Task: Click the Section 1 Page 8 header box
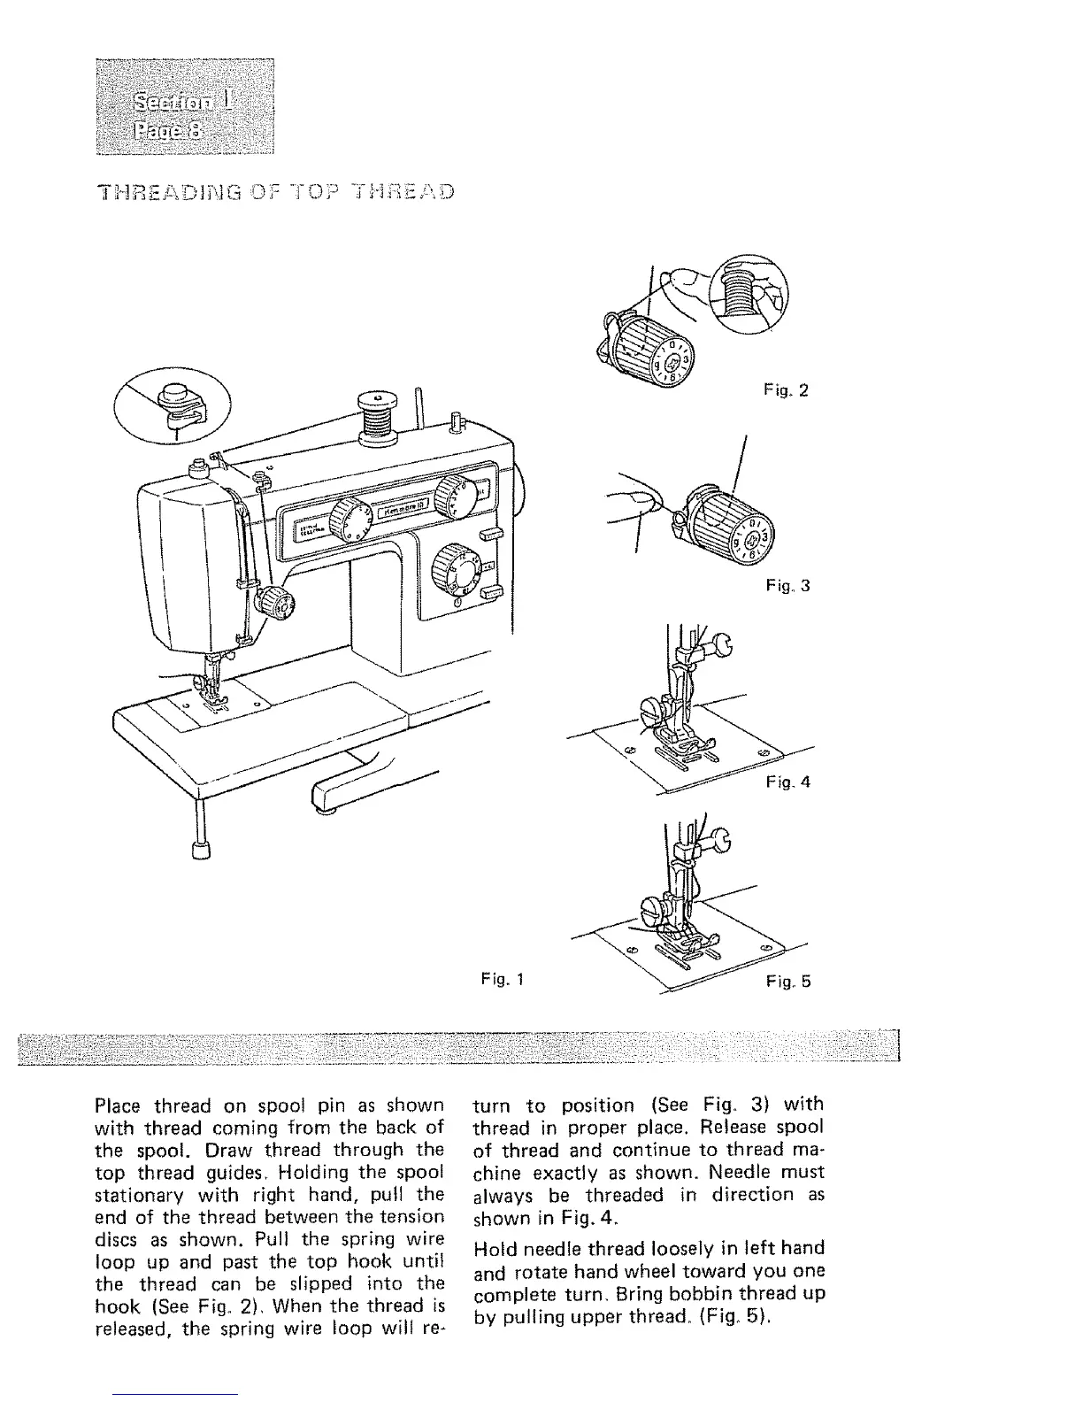[185, 104]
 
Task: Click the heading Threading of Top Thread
[278, 193]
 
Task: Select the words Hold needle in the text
[529, 1249]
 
